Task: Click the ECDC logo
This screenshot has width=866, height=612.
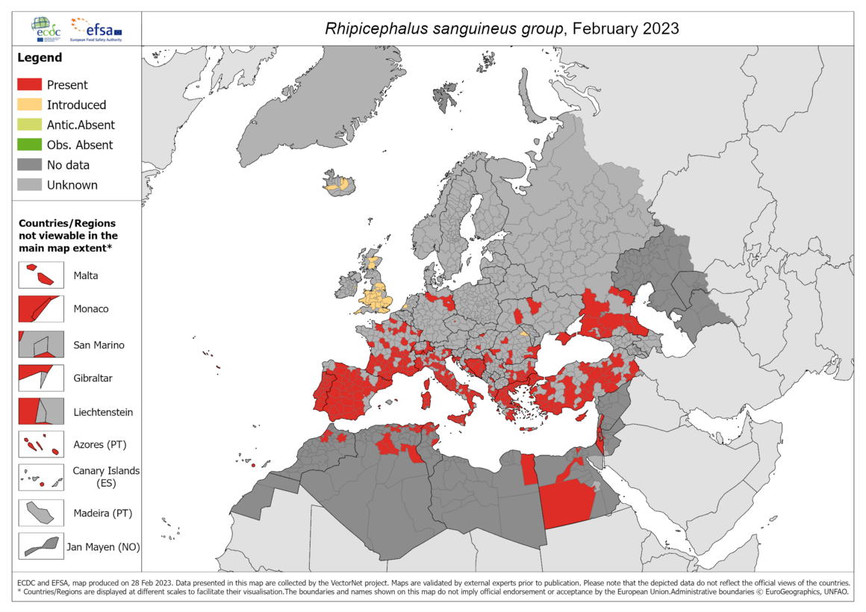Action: pos(46,29)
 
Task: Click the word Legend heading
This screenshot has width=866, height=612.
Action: pos(40,57)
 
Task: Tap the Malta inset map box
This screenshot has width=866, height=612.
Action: pos(41,275)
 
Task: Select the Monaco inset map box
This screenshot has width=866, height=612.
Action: pos(41,309)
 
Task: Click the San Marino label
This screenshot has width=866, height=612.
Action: pos(99,345)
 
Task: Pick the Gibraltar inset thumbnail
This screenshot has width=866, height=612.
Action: pos(41,378)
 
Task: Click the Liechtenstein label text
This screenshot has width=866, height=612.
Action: pos(103,412)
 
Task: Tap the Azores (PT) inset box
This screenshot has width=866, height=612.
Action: pos(41,446)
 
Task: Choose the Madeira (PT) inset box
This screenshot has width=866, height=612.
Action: pos(41,513)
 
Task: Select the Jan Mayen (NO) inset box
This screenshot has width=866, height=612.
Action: pos(41,546)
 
